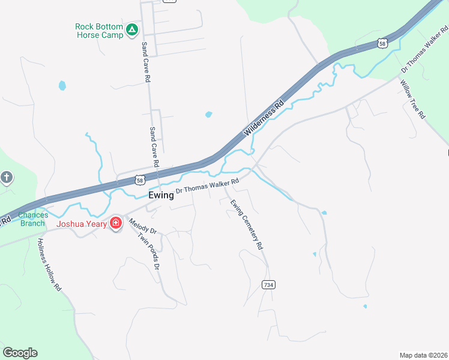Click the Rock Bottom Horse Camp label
point(99,31)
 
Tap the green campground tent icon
point(132,29)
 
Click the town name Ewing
point(161,195)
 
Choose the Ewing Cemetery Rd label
point(246,224)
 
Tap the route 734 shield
point(269,285)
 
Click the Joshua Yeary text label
point(82,224)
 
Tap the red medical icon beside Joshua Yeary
point(116,224)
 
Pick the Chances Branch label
point(32,219)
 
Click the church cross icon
point(6,178)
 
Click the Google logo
point(20,353)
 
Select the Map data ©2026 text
point(423,355)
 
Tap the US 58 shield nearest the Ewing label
point(139,179)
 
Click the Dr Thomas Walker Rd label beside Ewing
point(208,185)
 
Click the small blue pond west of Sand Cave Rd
point(62,86)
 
